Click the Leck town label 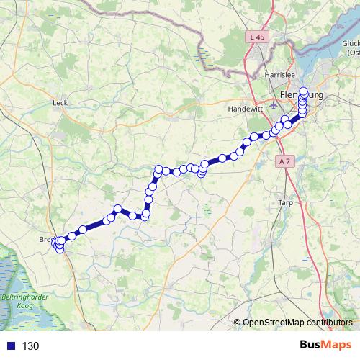[60, 103]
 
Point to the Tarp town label [284, 203]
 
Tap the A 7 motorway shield [284, 162]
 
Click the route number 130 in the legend [30, 346]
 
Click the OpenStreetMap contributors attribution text [297, 323]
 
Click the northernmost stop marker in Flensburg [303, 91]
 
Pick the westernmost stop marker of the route [56, 243]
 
